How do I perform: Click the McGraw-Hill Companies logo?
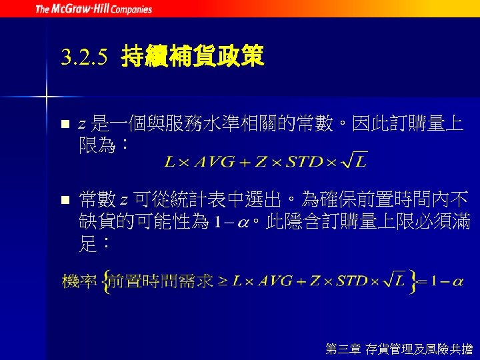(x=93, y=9)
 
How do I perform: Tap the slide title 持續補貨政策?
(x=193, y=58)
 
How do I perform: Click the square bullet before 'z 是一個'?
(x=65, y=124)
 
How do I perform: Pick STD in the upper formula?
(x=305, y=161)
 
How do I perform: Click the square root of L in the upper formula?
(x=354, y=160)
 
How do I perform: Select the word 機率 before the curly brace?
(x=78, y=281)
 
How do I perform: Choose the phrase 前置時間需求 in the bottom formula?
(x=161, y=281)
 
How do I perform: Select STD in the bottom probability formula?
(x=352, y=281)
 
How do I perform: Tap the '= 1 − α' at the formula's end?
(x=443, y=281)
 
